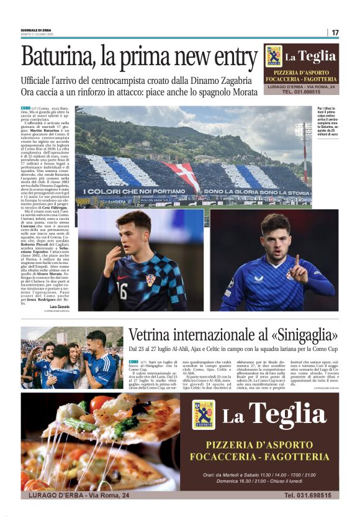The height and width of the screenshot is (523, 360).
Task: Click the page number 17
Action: (x=335, y=32)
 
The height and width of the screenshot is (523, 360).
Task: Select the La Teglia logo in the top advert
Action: (x=274, y=57)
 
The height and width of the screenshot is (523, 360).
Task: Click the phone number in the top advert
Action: (x=301, y=92)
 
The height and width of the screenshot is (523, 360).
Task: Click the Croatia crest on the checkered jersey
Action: (x=151, y=280)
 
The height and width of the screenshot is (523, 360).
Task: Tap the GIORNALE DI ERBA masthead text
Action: (x=36, y=30)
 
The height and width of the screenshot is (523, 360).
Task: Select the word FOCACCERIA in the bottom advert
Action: (x=235, y=457)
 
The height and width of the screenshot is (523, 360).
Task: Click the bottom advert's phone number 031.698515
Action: (x=311, y=495)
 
